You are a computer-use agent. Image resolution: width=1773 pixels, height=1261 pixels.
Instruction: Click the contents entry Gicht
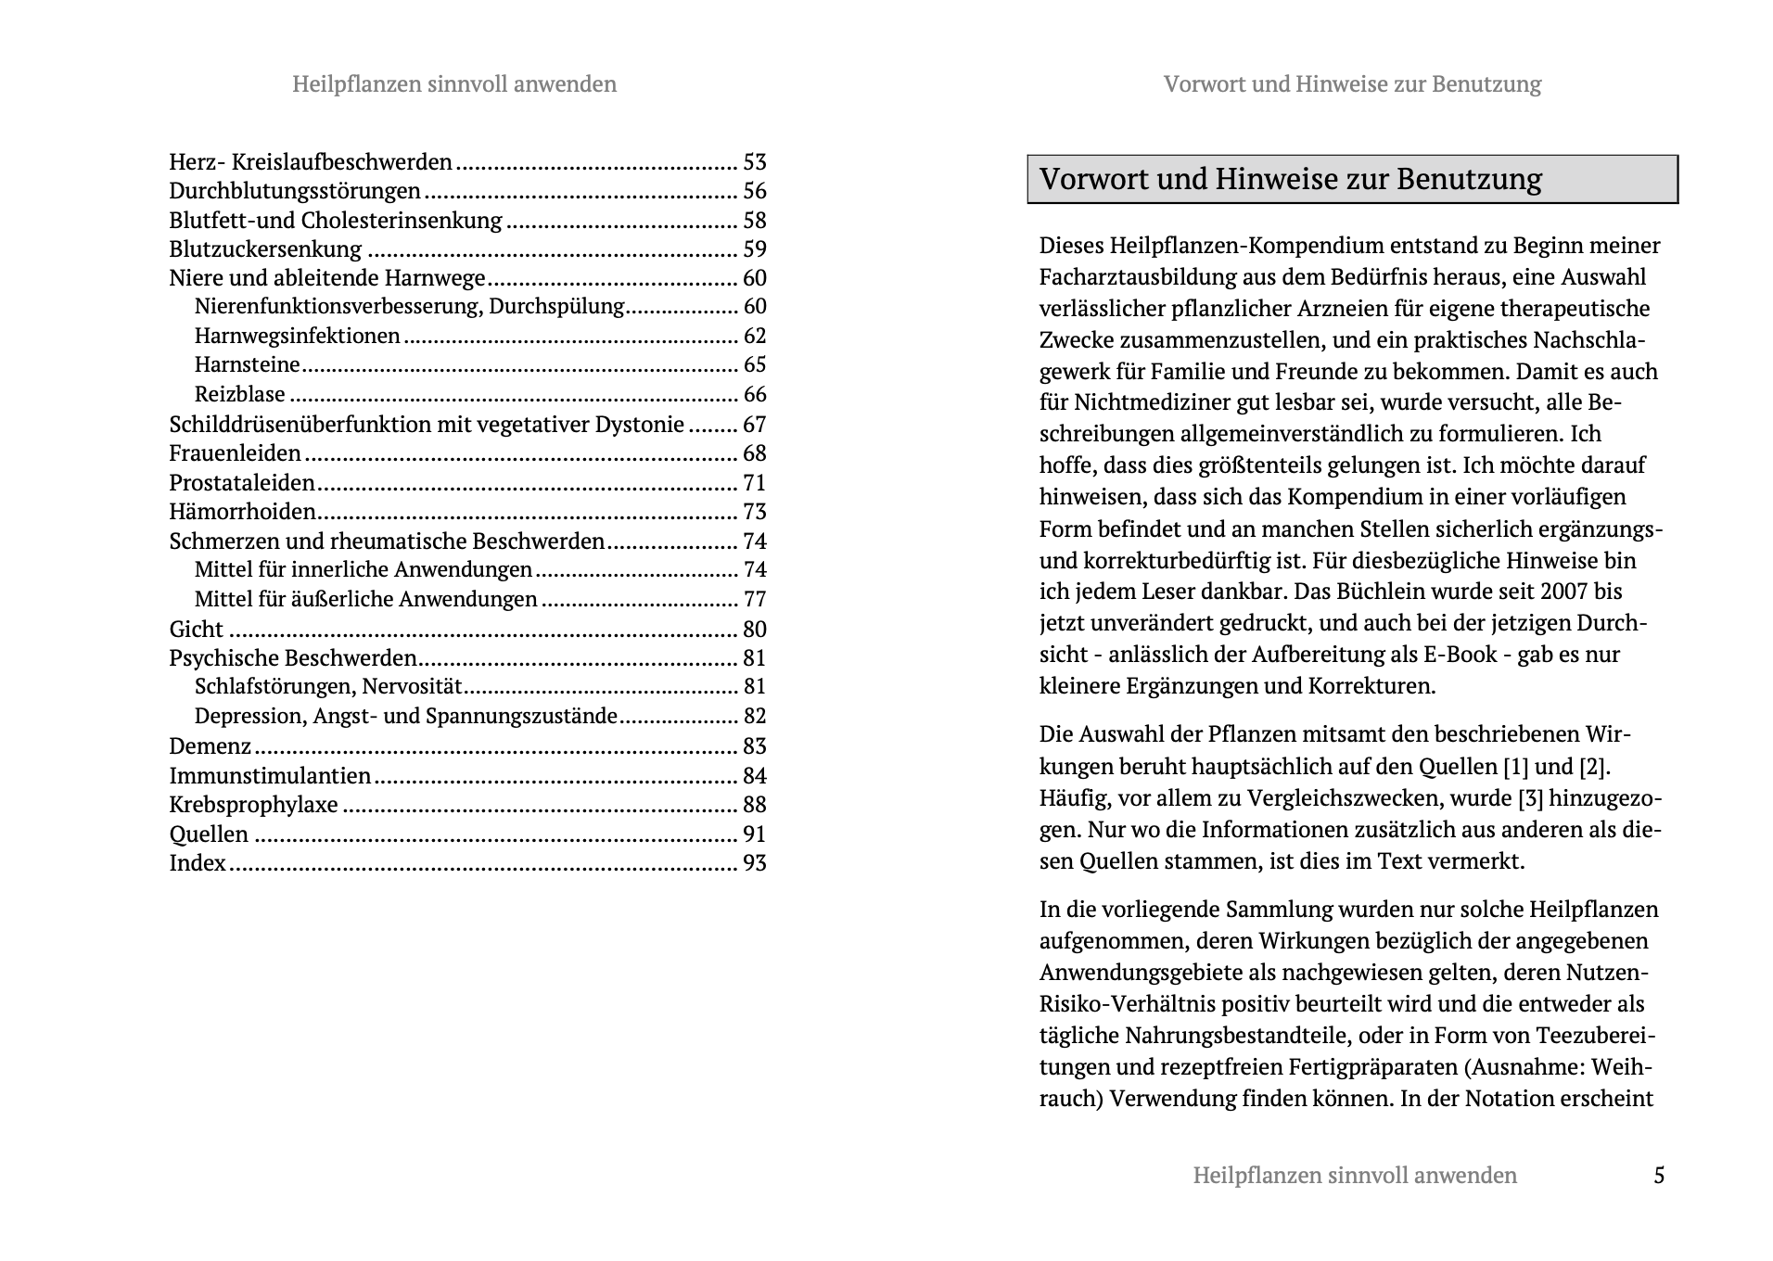(x=196, y=629)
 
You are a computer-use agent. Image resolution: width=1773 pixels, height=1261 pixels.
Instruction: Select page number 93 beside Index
(x=755, y=863)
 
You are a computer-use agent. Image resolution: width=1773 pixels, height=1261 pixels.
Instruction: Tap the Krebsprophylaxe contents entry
(x=253, y=805)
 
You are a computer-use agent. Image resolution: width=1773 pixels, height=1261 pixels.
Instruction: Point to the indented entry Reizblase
(x=240, y=394)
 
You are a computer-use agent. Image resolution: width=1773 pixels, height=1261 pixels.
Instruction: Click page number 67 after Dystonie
(x=755, y=425)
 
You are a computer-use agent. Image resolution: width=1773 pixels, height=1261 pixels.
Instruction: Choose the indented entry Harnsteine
(x=248, y=364)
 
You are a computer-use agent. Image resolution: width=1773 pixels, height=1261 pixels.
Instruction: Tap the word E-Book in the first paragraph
(x=1460, y=655)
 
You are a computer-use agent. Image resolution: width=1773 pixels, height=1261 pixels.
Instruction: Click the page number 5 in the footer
(x=1659, y=1176)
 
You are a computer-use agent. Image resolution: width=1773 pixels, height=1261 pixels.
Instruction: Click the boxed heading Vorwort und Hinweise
(x=1290, y=179)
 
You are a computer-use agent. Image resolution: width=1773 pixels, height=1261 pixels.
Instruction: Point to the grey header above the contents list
(x=454, y=84)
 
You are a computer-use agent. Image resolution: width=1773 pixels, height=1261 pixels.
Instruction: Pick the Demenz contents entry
(x=210, y=746)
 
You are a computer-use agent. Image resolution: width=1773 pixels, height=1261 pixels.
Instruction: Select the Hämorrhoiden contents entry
(x=242, y=512)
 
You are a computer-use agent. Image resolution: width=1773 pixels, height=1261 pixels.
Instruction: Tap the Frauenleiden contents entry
(x=235, y=453)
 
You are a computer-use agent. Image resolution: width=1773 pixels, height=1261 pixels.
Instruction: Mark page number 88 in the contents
(x=755, y=805)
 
